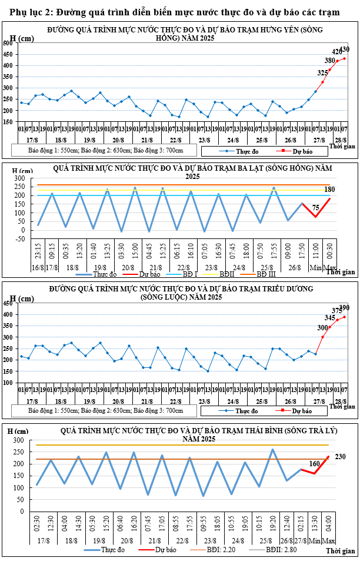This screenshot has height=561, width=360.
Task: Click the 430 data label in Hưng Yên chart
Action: click(x=344, y=49)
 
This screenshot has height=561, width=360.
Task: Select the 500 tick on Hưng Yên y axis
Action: click(x=9, y=43)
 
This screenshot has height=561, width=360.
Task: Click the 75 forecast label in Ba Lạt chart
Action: click(x=316, y=208)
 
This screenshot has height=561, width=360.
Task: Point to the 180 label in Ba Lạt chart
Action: click(x=329, y=190)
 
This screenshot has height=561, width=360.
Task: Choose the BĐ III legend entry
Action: click(x=262, y=274)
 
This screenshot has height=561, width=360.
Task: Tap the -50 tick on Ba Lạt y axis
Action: click(x=21, y=238)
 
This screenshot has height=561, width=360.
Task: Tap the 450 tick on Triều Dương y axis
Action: click(x=9, y=303)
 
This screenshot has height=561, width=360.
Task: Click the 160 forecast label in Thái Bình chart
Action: click(x=314, y=464)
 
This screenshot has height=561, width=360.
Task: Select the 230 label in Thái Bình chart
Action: click(x=340, y=456)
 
